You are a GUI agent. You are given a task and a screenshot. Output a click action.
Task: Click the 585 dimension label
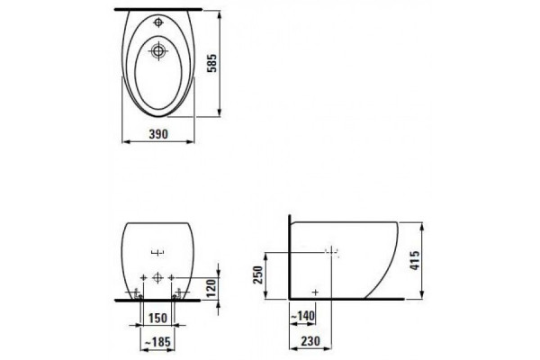click(x=212, y=63)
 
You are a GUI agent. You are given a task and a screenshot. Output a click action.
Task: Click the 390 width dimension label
click(x=158, y=134)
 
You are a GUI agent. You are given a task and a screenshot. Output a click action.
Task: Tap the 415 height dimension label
click(x=415, y=260)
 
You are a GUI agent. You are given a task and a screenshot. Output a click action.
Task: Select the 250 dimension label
click(x=258, y=274)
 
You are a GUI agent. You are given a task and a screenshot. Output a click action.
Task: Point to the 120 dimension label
click(x=211, y=288)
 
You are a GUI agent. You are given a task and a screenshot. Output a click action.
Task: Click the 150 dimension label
click(x=157, y=318)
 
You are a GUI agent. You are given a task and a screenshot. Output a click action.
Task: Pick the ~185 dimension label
click(x=157, y=342)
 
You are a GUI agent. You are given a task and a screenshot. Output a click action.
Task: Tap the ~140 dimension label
click(x=302, y=316)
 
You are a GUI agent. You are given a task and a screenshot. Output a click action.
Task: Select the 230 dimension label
click(x=310, y=341)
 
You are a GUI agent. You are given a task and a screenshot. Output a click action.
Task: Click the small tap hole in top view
click(x=158, y=22)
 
